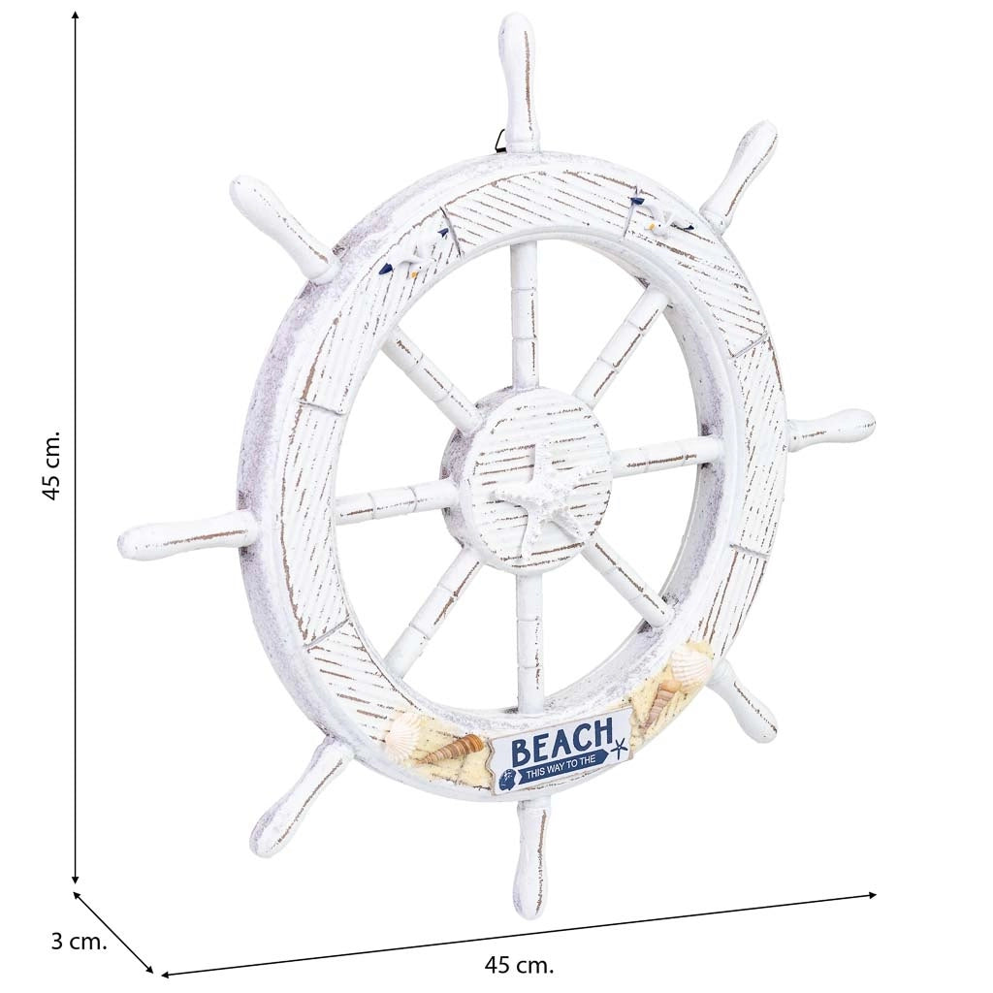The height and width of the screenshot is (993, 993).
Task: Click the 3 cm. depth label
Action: [79, 942]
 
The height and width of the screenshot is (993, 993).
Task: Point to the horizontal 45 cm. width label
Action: [519, 966]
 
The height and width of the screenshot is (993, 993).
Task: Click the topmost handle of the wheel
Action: [519, 83]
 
